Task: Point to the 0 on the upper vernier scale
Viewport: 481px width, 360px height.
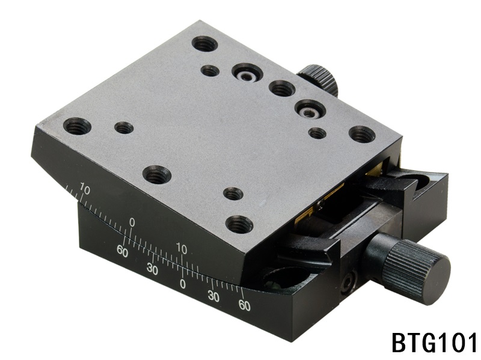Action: [132, 224]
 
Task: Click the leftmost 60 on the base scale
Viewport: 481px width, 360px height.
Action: [123, 252]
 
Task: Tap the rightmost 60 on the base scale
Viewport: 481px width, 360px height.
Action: [244, 305]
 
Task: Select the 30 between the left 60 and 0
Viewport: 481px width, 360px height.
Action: [152, 270]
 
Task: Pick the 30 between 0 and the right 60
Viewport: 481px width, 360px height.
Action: [213, 296]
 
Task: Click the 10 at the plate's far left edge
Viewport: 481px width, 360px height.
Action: [85, 190]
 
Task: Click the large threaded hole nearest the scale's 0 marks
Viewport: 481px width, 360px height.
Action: [239, 225]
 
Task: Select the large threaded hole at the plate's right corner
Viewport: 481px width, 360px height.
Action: [361, 134]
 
